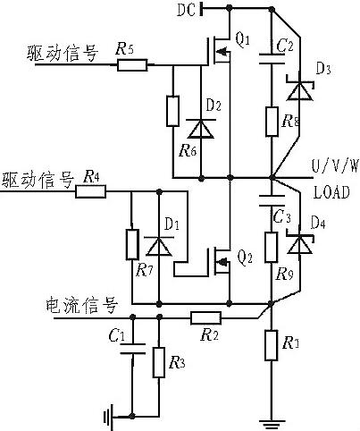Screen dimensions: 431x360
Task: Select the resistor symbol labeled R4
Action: (92, 190)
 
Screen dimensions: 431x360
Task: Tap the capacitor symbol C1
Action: (131, 350)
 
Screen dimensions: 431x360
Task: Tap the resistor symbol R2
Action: (207, 316)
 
